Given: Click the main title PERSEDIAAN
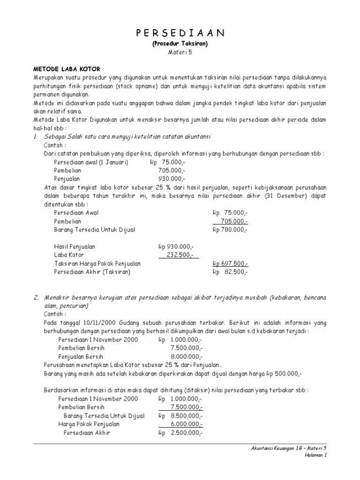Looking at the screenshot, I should (x=180, y=32).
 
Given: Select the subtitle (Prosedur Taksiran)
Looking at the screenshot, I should (x=180, y=44).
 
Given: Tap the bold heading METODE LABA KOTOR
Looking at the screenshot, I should (x=67, y=68).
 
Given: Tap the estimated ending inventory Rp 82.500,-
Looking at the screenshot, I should (x=230, y=272).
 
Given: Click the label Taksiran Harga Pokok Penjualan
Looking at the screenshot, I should (x=97, y=263).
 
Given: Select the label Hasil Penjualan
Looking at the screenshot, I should (x=77, y=246).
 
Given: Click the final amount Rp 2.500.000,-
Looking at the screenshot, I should (x=180, y=432).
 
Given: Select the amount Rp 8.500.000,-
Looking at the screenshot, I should (x=180, y=416).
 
